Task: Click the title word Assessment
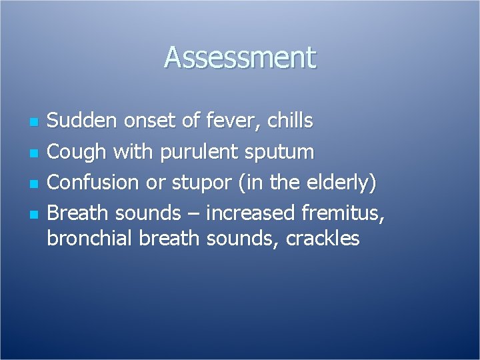point(240,58)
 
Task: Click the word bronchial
point(91,238)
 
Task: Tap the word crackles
point(323,238)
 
